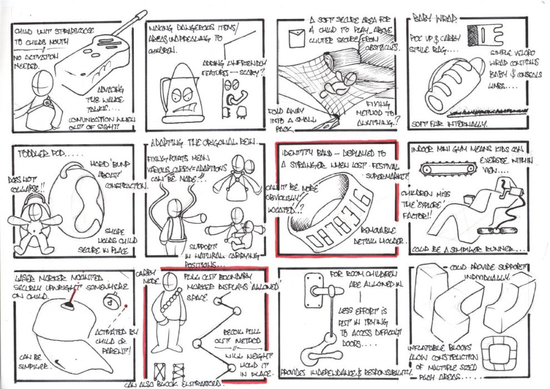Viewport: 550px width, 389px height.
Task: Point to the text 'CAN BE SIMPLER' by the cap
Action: click(x=33, y=362)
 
